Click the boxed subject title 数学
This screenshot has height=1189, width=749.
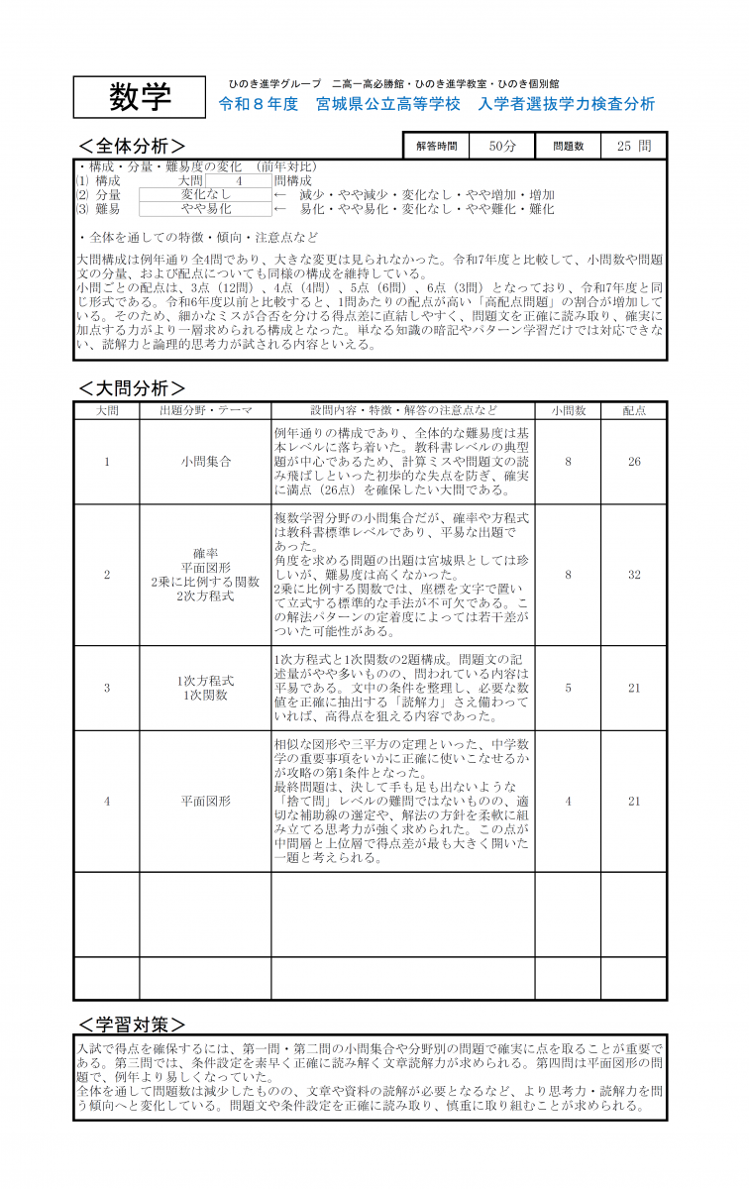click(x=139, y=97)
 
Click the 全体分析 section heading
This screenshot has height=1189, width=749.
click(x=131, y=146)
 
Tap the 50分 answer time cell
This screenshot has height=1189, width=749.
click(x=502, y=146)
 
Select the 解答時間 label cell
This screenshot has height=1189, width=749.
click(x=437, y=146)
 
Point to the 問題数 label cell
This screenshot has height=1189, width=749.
click(x=568, y=146)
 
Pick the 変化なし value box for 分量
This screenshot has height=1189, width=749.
click(x=205, y=195)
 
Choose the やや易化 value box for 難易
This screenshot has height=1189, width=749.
click(x=205, y=209)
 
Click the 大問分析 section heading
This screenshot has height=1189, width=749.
click(x=131, y=387)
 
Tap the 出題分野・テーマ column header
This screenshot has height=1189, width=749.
click(x=205, y=410)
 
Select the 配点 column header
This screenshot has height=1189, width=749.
click(x=634, y=410)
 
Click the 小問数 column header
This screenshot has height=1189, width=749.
click(x=568, y=410)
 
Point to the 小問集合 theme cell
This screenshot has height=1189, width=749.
click(x=205, y=462)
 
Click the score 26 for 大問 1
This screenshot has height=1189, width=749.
click(x=634, y=462)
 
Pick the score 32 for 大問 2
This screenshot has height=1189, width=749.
click(x=634, y=575)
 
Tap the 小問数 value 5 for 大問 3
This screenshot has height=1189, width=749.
click(x=568, y=688)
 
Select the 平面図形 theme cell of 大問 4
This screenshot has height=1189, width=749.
click(x=205, y=801)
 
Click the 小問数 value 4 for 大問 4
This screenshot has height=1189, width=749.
click(x=568, y=801)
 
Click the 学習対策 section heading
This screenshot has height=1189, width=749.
click(x=131, y=1024)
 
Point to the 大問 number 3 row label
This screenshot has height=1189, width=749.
click(x=107, y=688)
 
